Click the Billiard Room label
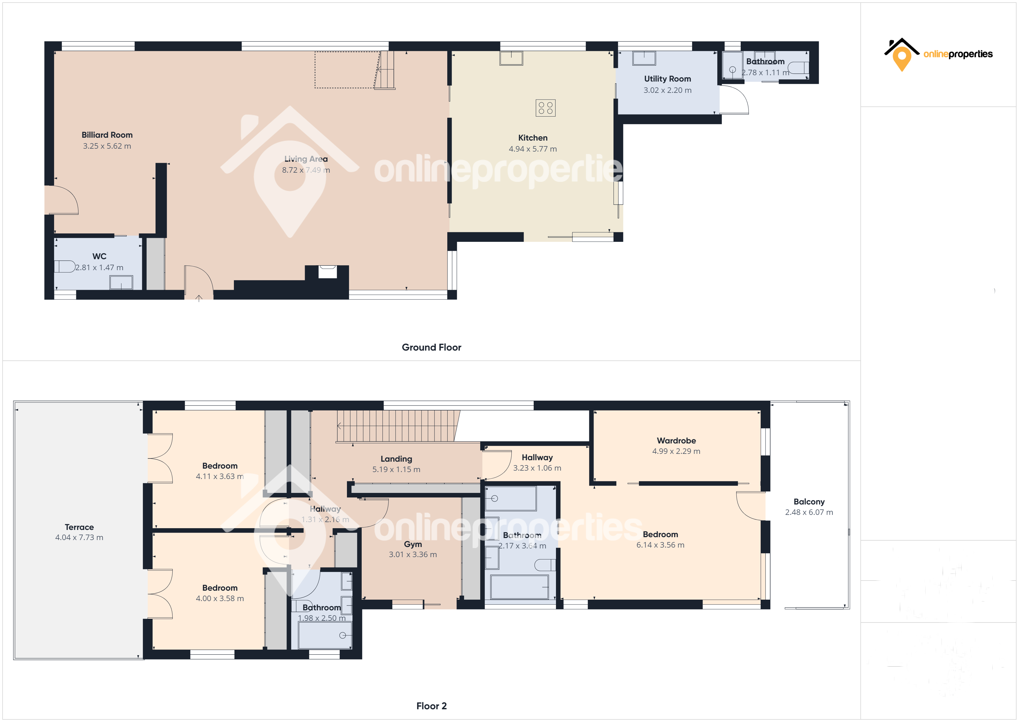pyautogui.click(x=107, y=135)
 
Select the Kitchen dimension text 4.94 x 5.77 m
pyautogui.click(x=533, y=149)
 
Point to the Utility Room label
pyautogui.click(x=667, y=79)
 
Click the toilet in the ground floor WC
pyautogui.click(x=65, y=266)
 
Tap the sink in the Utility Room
pyautogui.click(x=644, y=58)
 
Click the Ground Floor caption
pyautogui.click(x=431, y=347)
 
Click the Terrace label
pyautogui.click(x=79, y=527)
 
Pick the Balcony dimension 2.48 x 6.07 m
pyautogui.click(x=809, y=512)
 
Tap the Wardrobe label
pyautogui.click(x=676, y=441)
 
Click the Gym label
pyautogui.click(x=413, y=544)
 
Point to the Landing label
pyautogui.click(x=396, y=459)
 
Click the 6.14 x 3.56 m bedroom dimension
pyautogui.click(x=660, y=545)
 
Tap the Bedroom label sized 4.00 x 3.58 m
pyautogui.click(x=220, y=588)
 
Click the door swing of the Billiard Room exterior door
pyautogui.click(x=62, y=200)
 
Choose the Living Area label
pyautogui.click(x=306, y=159)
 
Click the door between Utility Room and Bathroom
pyautogui.click(x=733, y=100)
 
